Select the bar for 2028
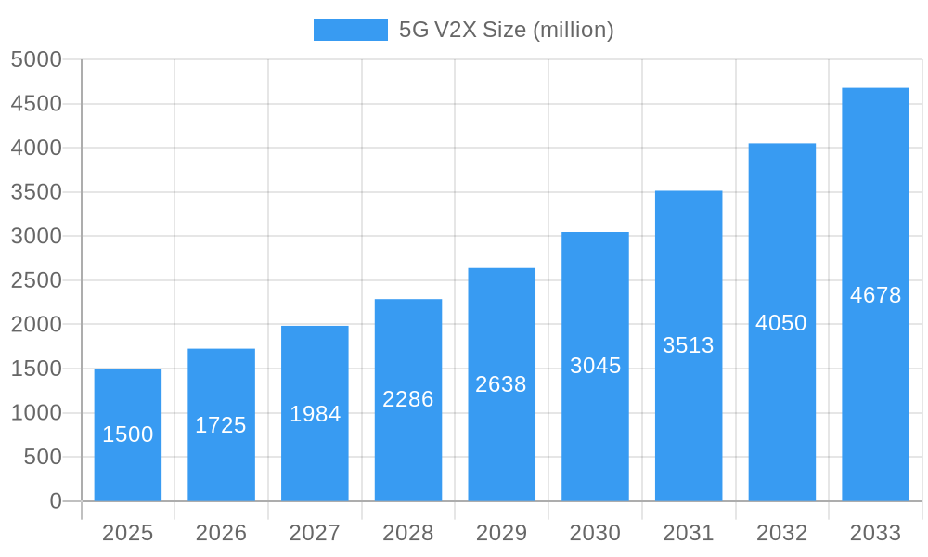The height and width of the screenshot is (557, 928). (408, 400)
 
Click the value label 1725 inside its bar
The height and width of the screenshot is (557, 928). (221, 425)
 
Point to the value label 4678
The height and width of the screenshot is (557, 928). (875, 295)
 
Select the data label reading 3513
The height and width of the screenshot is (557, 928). (689, 345)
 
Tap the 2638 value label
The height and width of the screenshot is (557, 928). (501, 384)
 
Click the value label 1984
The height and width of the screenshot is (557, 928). (315, 414)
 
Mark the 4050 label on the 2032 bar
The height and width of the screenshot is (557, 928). (781, 323)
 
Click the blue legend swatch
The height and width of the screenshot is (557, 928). (350, 30)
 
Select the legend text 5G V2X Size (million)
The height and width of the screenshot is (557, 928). (506, 30)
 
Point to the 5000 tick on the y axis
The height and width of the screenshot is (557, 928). (36, 59)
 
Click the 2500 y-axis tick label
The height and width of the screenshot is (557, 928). (36, 280)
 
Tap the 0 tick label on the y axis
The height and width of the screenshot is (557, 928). (55, 501)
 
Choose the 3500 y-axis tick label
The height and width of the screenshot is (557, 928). (36, 192)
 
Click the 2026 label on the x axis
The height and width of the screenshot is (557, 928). (221, 533)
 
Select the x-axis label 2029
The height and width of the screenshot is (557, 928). (501, 533)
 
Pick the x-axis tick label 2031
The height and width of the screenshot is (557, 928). (689, 533)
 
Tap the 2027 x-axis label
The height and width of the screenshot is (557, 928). (315, 533)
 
